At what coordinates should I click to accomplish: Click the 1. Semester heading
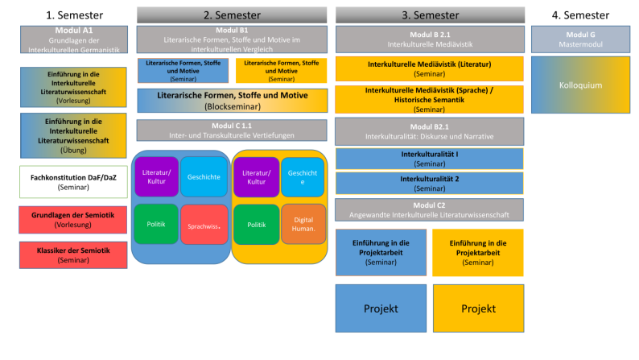tap(72, 15)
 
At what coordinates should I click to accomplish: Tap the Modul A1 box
tap(72, 39)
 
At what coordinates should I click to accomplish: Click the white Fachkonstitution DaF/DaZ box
tap(72, 181)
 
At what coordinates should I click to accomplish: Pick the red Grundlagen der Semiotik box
tap(72, 220)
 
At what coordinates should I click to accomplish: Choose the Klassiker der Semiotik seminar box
tap(72, 254)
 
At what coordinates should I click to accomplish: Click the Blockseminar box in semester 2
tap(232, 101)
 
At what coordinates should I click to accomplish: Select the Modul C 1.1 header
tap(232, 130)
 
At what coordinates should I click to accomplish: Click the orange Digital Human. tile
tap(303, 226)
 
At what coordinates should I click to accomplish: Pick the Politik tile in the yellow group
tap(256, 226)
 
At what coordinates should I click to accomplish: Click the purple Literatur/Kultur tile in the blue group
tap(156, 177)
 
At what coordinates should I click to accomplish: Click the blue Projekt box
tap(381, 308)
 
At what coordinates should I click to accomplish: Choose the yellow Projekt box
tap(478, 308)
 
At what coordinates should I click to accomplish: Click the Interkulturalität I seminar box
tap(429, 159)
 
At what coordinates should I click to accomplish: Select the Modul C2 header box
tap(429, 209)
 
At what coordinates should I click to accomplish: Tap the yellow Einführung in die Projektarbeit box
tap(478, 252)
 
